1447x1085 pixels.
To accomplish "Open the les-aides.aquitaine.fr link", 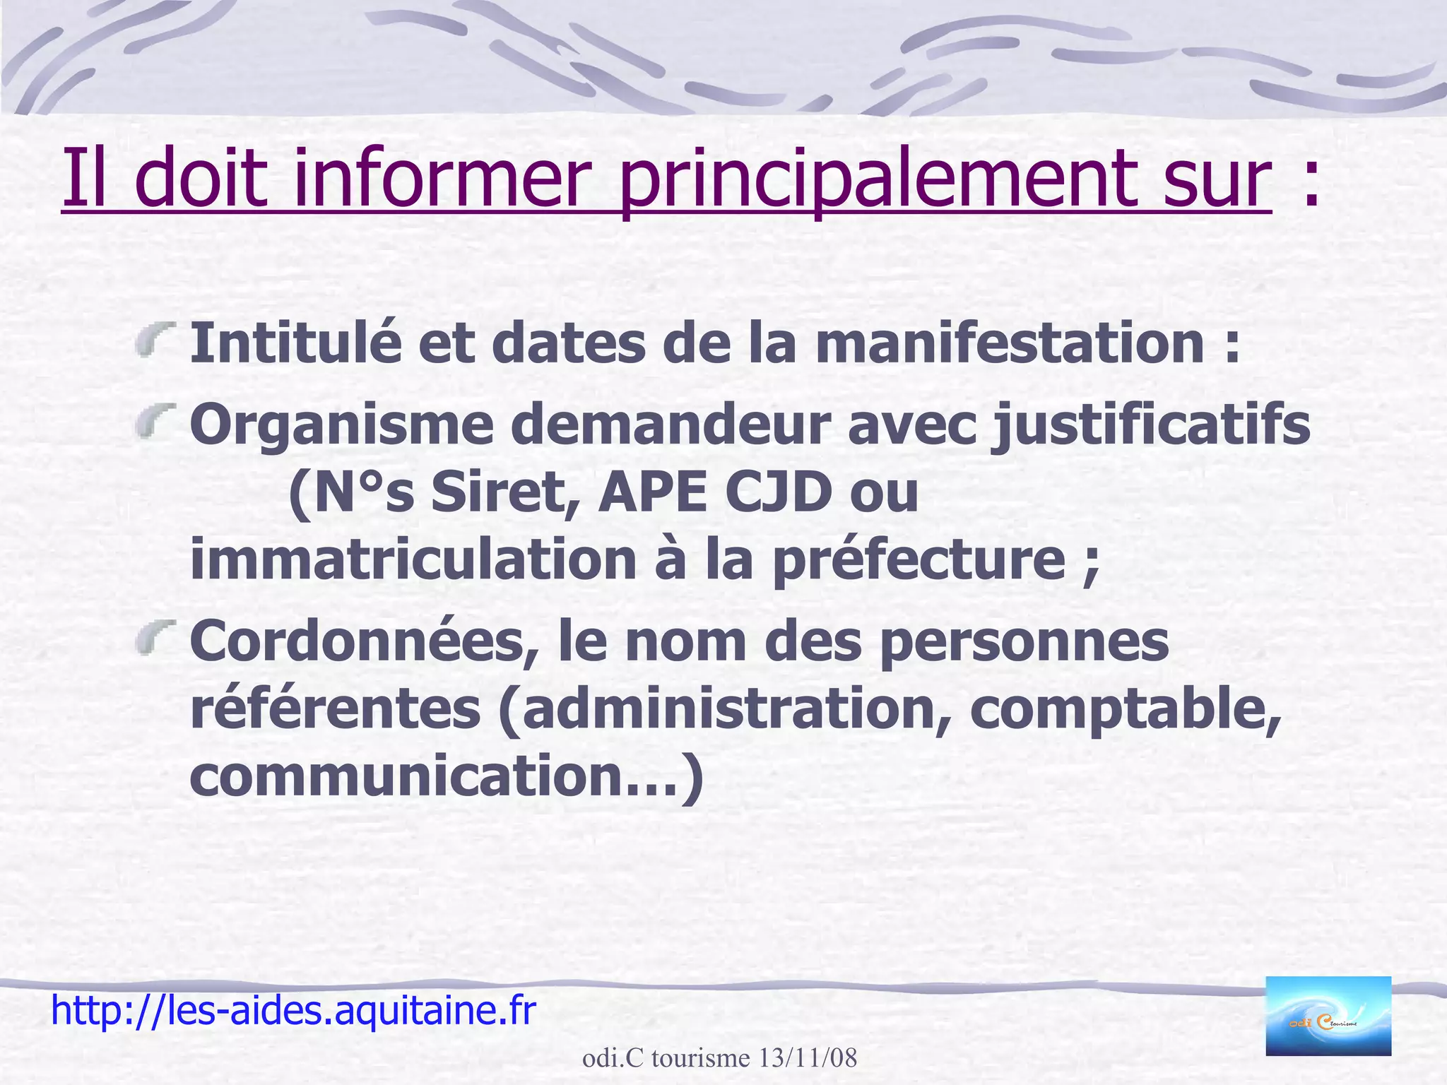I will coord(293,1010).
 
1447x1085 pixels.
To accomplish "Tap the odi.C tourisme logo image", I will coord(1328,1016).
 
